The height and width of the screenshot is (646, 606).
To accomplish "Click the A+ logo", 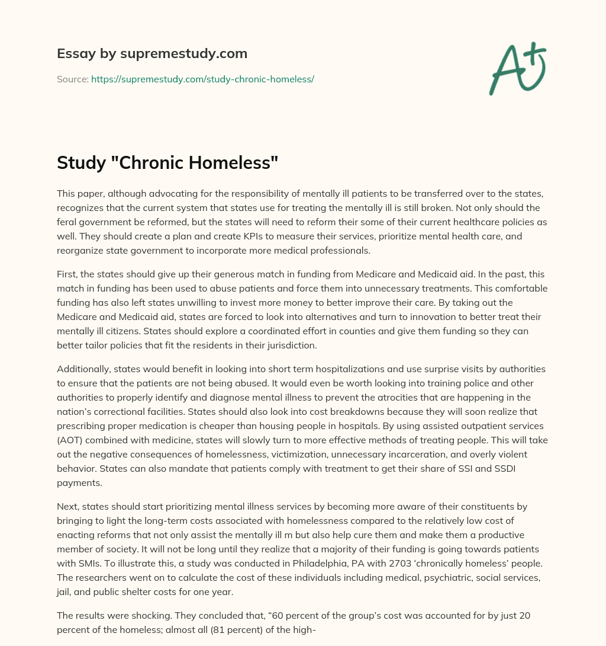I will click(517, 69).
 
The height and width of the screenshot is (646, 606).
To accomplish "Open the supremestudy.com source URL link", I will click(202, 79).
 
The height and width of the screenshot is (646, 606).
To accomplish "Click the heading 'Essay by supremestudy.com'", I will click(152, 53).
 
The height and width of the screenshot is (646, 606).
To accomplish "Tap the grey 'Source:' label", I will click(72, 79).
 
